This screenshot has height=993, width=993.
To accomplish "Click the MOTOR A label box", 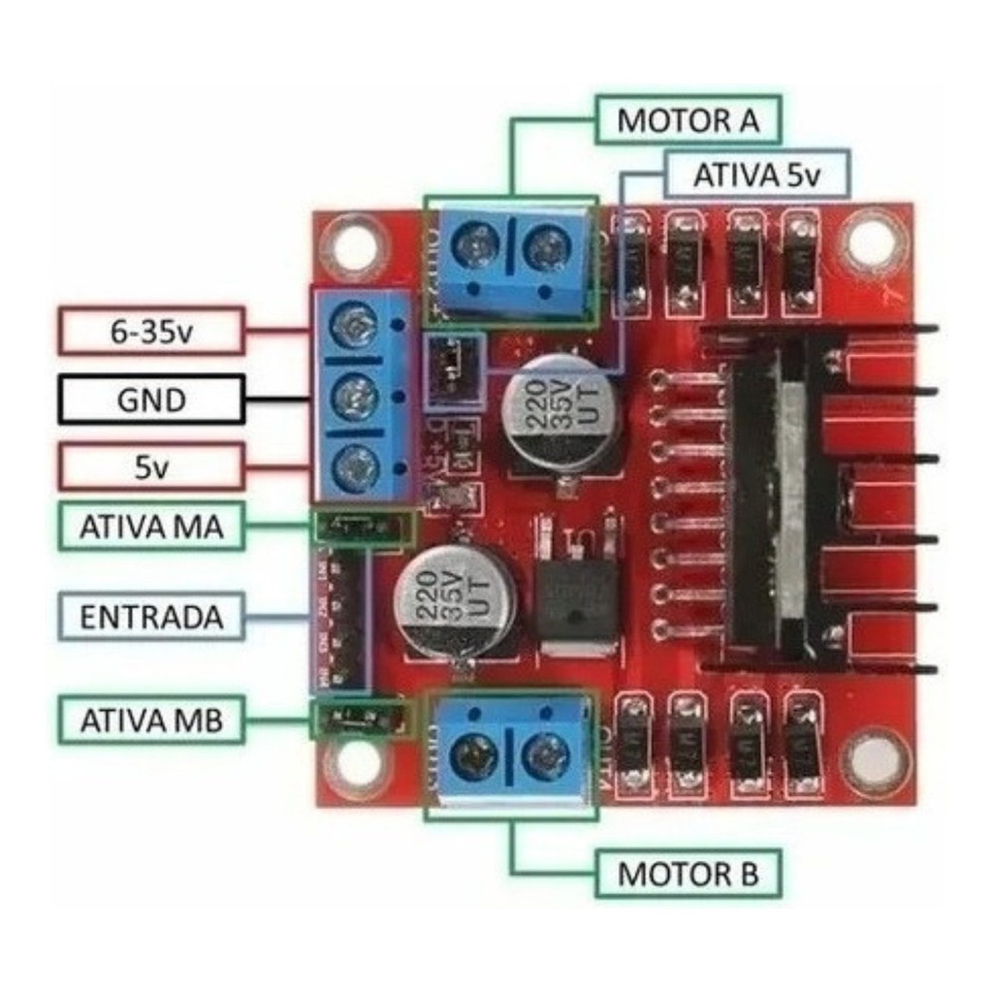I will point(688,121).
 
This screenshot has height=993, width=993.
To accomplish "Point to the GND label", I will point(151,399).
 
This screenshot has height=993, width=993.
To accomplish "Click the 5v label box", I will point(151,467).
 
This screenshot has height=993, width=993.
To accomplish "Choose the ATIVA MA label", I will point(151,527).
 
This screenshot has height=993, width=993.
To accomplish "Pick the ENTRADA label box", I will point(151,617).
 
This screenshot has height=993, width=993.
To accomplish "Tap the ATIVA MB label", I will point(151,720).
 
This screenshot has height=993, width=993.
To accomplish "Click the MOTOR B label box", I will point(688,874).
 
